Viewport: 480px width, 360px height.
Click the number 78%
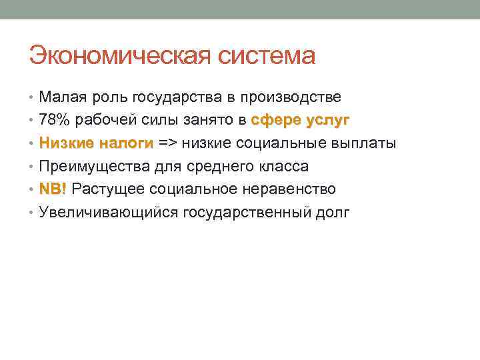[x=53, y=121]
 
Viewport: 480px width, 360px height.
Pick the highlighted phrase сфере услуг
[x=300, y=121]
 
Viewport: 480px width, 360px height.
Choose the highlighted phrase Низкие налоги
[x=96, y=143]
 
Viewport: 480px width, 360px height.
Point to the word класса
[x=281, y=167]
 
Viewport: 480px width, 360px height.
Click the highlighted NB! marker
[x=53, y=189]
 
